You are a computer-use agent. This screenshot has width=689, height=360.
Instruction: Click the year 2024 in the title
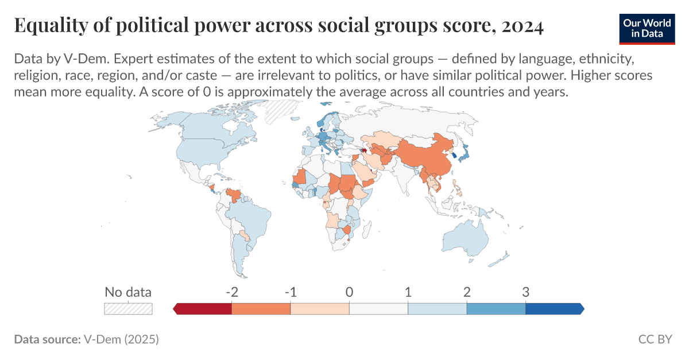pyautogui.click(x=521, y=26)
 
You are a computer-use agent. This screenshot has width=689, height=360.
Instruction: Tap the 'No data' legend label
pyautogui.click(x=127, y=292)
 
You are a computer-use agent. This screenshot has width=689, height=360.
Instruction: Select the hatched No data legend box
pyautogui.click(x=127, y=309)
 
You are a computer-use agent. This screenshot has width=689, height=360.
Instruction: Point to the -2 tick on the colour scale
pyautogui.click(x=231, y=292)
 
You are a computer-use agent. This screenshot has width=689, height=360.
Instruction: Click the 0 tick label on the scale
pyautogui.click(x=349, y=292)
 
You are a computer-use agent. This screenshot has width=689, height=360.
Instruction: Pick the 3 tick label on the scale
pyautogui.click(x=525, y=292)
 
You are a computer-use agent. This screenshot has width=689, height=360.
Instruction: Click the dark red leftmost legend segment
pyautogui.click(x=204, y=309)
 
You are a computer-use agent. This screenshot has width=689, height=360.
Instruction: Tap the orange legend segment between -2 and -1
pyautogui.click(x=261, y=309)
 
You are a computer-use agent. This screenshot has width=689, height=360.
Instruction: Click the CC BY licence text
pyautogui.click(x=655, y=339)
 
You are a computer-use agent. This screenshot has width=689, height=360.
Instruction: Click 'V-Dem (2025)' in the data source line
pyautogui.click(x=121, y=339)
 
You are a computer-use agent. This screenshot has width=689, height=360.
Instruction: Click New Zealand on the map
pyautogui.click(x=502, y=255)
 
